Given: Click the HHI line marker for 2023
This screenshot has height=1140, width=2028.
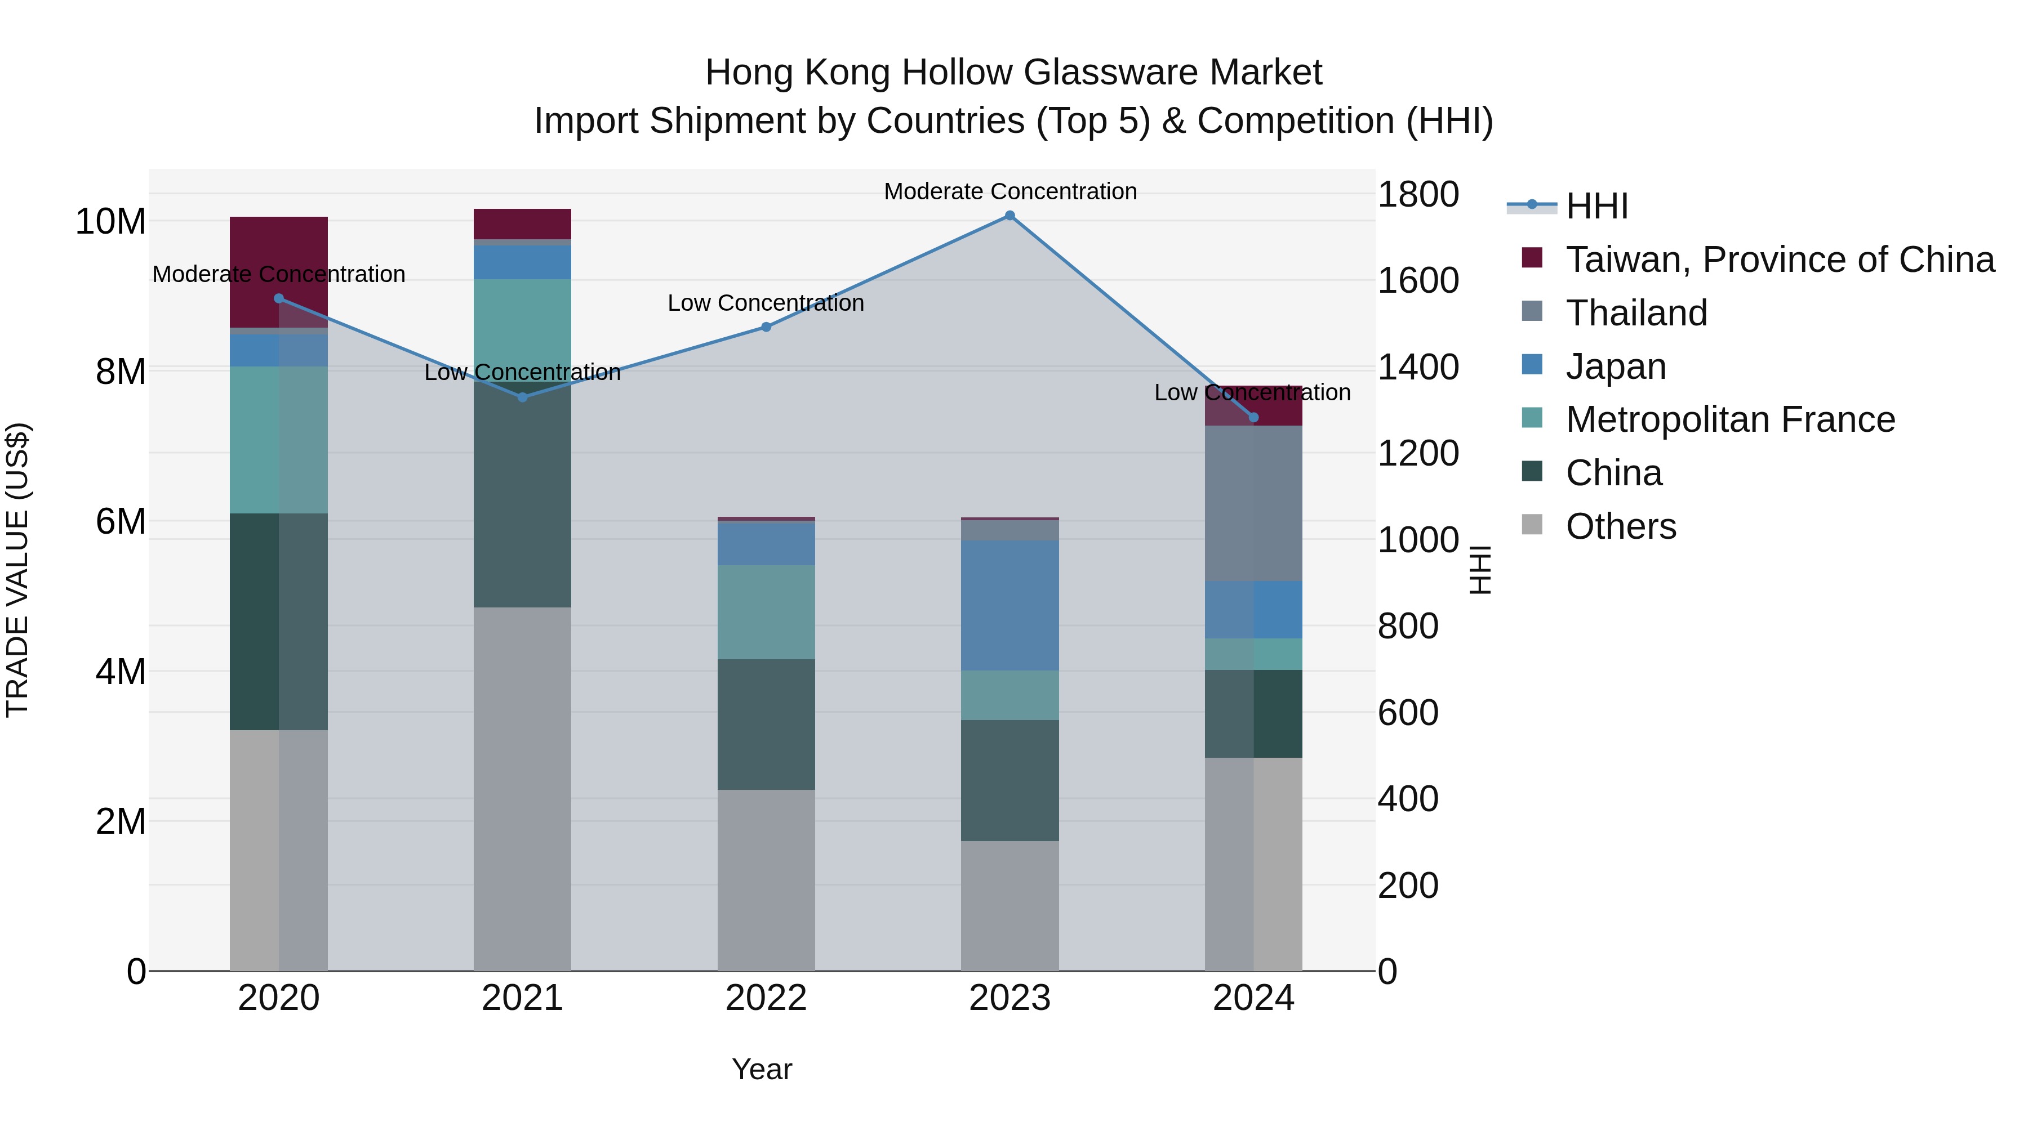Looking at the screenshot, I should pos(1009,216).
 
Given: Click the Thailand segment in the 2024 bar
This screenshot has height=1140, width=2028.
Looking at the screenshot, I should pos(1253,503).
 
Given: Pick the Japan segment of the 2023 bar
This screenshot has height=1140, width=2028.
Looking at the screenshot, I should pos(1009,605).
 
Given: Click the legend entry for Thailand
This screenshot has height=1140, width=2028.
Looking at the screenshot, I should pos(1636,313).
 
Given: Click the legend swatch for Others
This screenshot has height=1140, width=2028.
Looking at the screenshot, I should pos(1532,524).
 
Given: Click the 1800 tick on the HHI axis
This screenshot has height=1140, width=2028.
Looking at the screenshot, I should pos(1418,194).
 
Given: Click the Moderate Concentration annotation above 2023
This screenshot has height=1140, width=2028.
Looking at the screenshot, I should pos(1009,191).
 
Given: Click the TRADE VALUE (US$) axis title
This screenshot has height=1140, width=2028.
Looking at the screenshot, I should pos(18,570).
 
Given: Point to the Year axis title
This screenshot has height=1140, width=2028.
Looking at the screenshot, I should pos(761,1069).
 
